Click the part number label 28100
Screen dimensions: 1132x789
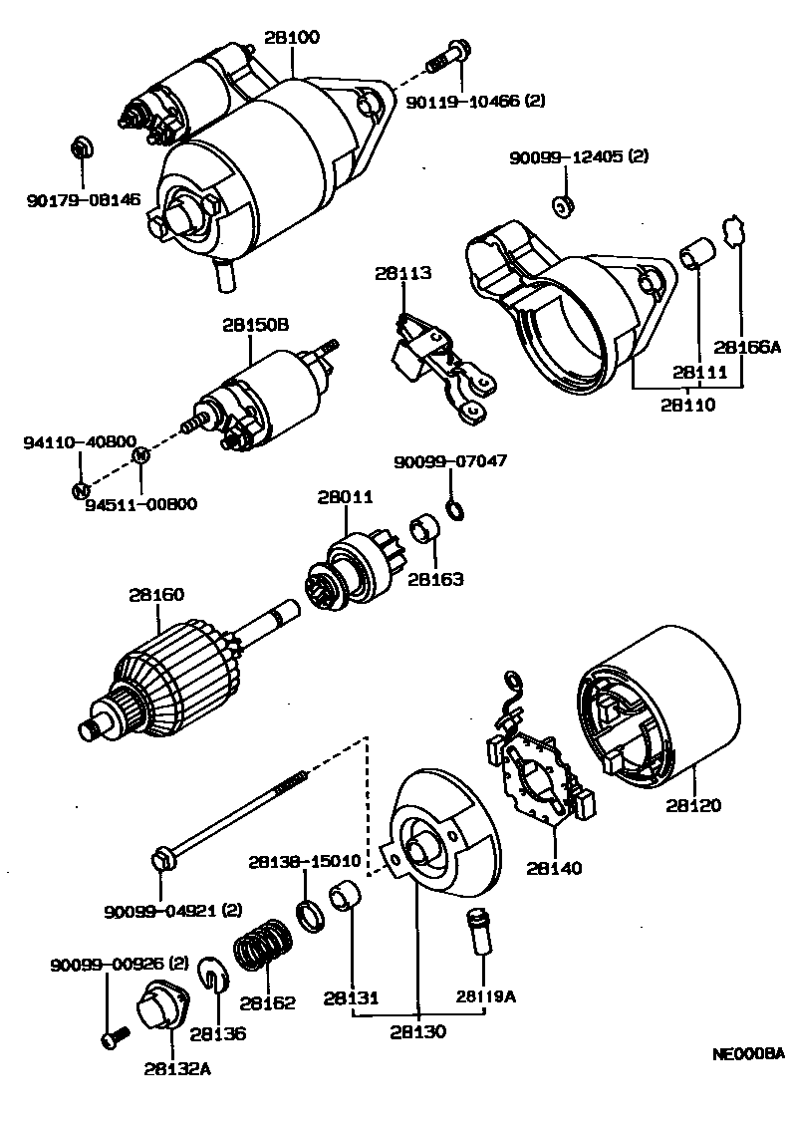pos(292,39)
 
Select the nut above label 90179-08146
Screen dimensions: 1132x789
pos(82,147)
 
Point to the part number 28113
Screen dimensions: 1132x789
pos(403,273)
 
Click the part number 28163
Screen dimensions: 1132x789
pos(435,577)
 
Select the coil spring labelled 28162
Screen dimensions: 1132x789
pos(262,948)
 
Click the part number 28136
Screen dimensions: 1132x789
pos(218,1033)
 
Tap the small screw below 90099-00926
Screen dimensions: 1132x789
pos(110,1039)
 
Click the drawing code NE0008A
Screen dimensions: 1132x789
pos(748,1053)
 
